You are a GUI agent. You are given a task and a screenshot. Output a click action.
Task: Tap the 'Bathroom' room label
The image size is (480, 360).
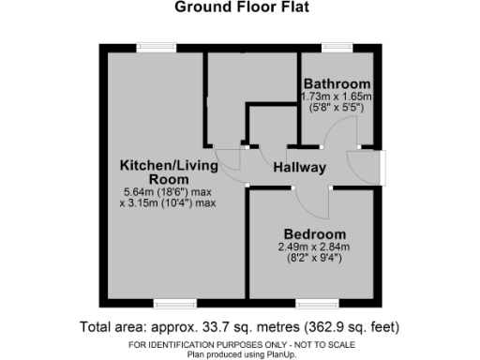coord(337,84)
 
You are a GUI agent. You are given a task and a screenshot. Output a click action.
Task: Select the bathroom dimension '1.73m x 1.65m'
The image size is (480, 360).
coord(337,97)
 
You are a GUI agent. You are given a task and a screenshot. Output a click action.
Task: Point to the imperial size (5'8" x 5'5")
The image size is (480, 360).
coord(337,108)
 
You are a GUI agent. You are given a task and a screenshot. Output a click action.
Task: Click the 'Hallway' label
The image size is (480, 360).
coord(299,168)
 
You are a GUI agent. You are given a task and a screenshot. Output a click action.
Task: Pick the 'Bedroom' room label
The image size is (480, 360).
coord(314,233)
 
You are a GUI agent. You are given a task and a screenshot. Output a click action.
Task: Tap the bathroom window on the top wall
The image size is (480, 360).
coord(335,47)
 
